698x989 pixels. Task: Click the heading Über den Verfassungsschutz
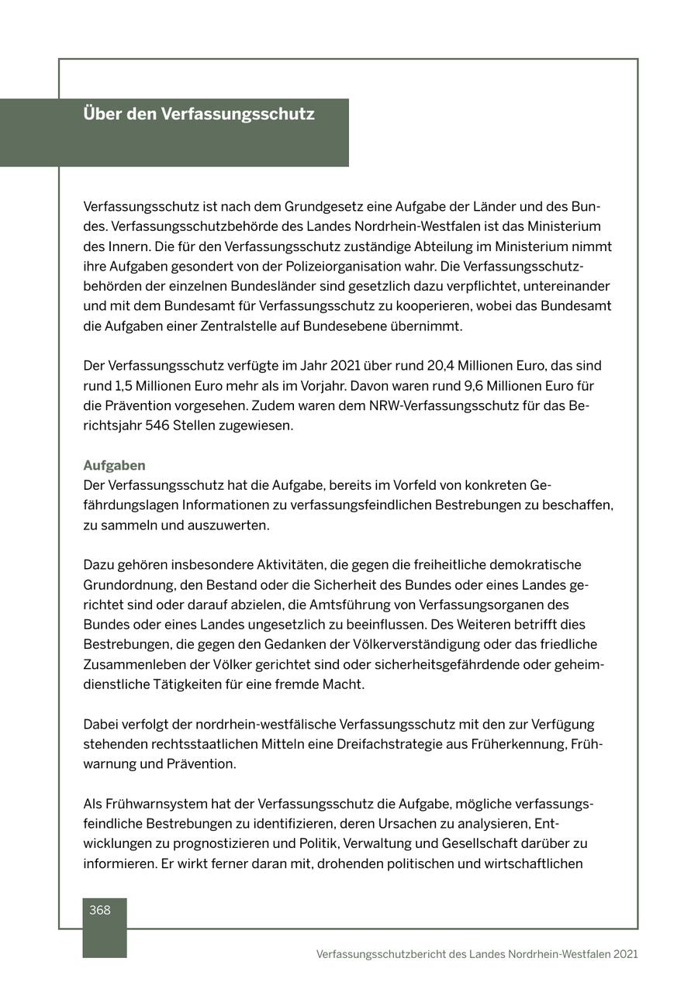tap(199, 114)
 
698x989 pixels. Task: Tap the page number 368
tap(100, 911)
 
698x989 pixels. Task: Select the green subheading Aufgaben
tap(114, 466)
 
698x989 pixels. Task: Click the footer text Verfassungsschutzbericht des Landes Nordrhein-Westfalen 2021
tap(477, 954)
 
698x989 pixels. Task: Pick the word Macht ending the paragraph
tap(346, 685)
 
